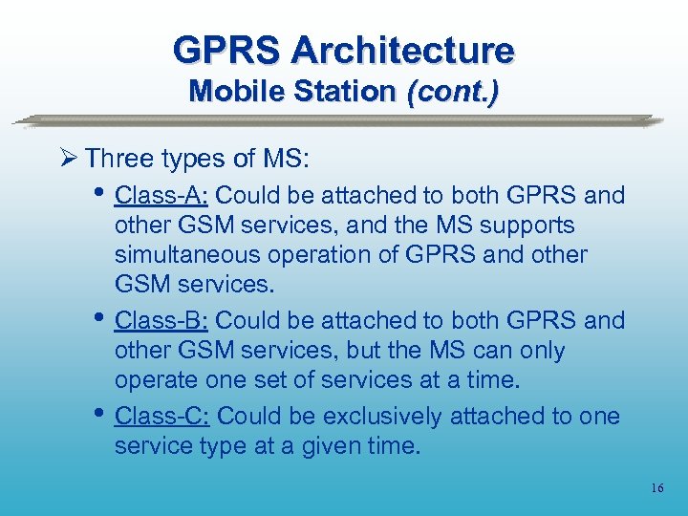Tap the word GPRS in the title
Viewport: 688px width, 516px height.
point(228,49)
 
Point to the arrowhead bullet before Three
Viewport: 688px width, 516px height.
point(69,157)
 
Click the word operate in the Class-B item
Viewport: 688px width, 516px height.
point(156,381)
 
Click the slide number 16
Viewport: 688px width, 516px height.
point(656,488)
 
